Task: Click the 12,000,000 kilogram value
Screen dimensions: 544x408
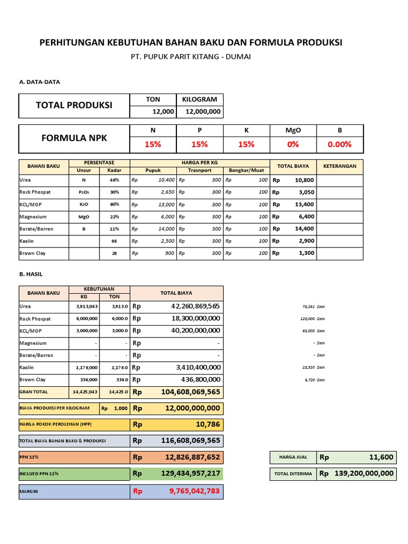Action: click(x=203, y=111)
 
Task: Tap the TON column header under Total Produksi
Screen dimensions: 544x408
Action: click(x=153, y=99)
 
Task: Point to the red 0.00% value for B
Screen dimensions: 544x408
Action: click(x=339, y=144)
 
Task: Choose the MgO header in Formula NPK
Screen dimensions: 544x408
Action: click(x=293, y=131)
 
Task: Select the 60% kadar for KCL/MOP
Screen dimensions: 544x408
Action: click(x=115, y=205)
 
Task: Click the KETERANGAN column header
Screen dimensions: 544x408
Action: click(x=340, y=166)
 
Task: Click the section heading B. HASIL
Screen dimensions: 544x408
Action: click(x=31, y=274)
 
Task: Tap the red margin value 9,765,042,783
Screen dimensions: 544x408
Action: click(x=194, y=491)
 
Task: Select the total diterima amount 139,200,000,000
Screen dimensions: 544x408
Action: click(x=364, y=474)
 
